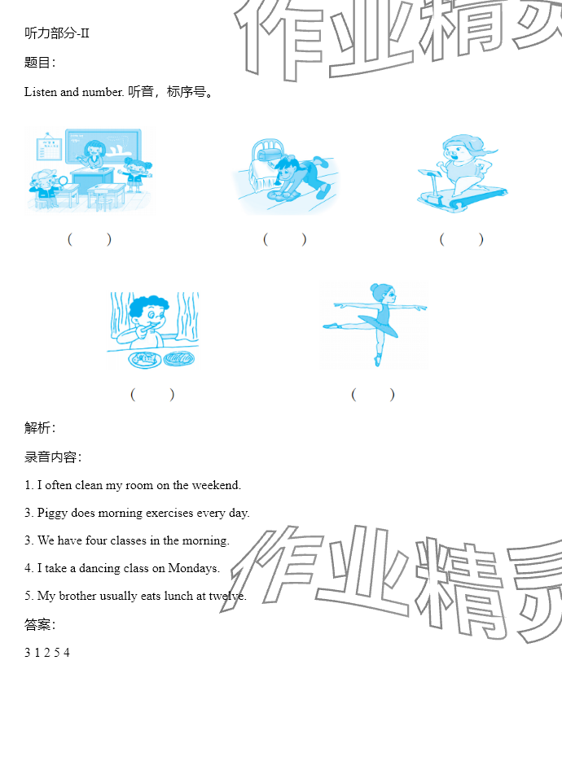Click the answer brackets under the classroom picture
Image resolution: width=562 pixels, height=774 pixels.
point(90,239)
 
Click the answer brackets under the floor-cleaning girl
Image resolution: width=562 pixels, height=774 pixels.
point(285,239)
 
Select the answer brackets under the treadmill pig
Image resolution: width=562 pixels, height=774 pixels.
point(461,239)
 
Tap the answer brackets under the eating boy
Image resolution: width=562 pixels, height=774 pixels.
point(152,395)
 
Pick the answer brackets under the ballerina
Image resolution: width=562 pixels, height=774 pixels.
point(373,395)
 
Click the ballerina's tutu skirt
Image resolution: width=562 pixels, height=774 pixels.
point(379,324)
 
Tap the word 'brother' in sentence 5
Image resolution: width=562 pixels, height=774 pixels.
point(77,596)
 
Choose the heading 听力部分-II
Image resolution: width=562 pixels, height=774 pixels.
point(57,33)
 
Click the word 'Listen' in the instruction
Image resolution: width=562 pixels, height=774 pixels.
point(41,92)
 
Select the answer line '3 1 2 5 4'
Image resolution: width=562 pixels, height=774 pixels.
point(47,653)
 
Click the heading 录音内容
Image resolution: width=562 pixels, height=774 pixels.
point(52,457)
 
